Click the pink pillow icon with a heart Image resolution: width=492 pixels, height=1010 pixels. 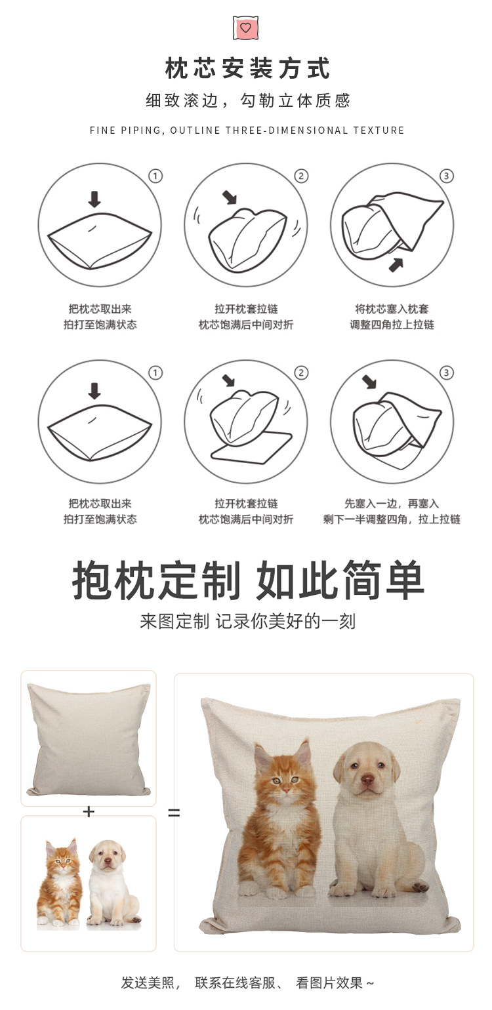coord(245,28)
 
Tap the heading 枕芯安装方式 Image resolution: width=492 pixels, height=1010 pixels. coord(247,68)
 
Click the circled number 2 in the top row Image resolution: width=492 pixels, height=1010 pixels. coord(300,176)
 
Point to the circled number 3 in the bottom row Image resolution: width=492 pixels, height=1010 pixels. coord(446,373)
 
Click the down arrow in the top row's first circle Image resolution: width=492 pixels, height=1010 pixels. coord(94,199)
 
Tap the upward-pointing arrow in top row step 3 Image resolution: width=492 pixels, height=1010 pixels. coord(396,264)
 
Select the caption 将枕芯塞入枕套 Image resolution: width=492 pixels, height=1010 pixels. coord(392,309)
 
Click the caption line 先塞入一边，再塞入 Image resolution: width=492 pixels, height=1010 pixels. coord(392,504)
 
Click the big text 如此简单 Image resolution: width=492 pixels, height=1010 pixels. coord(340,580)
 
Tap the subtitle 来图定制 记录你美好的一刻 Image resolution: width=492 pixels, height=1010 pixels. coord(247,620)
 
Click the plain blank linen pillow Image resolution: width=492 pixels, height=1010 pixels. coord(89,738)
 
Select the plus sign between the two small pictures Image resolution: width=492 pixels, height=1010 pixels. coord(89,812)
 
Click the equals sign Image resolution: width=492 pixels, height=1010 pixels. coord(173,813)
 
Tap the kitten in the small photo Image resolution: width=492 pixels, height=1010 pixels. coord(59,882)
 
